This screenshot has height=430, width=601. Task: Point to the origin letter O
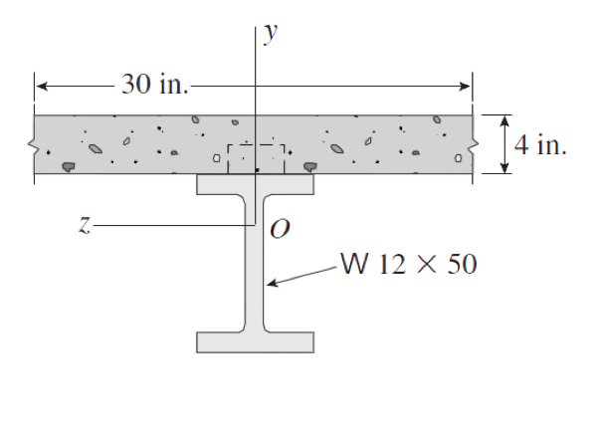280,231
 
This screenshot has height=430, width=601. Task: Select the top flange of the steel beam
256,184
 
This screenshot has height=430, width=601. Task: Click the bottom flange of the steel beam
256,342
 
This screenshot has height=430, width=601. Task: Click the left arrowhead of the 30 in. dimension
41,86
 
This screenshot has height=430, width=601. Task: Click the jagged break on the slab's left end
35,145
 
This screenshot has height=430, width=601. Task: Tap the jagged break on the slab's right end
472,145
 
